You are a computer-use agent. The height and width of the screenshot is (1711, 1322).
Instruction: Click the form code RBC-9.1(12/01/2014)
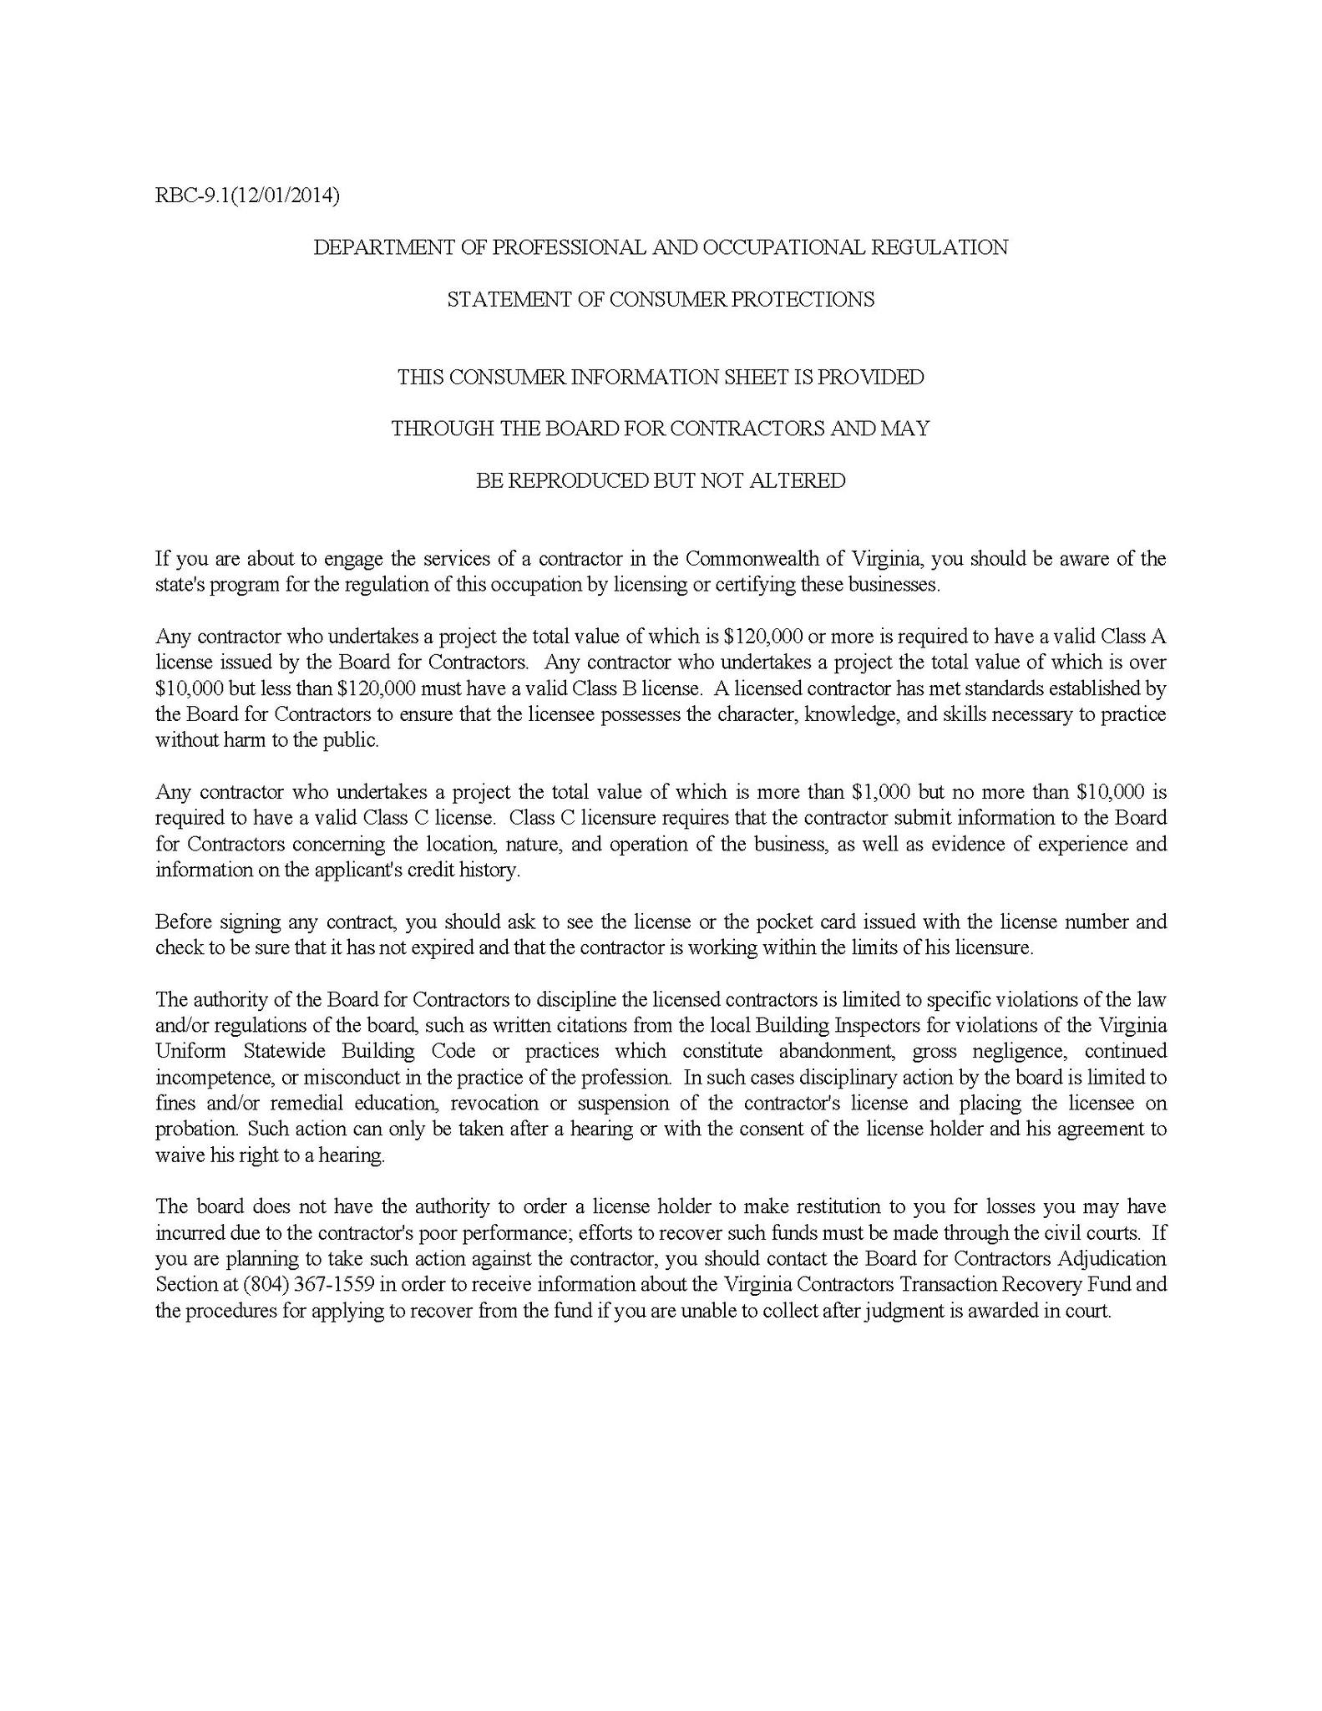pyautogui.click(x=247, y=195)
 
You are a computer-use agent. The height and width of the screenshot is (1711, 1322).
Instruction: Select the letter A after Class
pyautogui.click(x=1158, y=636)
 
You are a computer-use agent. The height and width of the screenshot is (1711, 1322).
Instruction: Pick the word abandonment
pyautogui.click(x=839, y=1051)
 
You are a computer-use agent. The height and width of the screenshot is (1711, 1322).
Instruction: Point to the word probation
pyautogui.click(x=195, y=1129)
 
